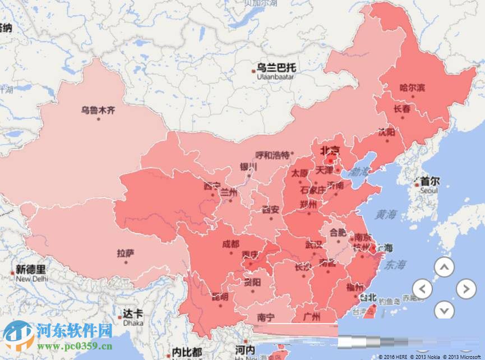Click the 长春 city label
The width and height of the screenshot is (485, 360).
[402, 109]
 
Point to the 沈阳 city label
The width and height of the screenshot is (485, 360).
[386, 132]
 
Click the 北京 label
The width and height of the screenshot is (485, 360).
[330, 150]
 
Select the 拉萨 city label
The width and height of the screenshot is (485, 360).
[126, 253]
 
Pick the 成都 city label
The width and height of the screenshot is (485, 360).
[230, 244]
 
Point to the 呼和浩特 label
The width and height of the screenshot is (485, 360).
[272, 155]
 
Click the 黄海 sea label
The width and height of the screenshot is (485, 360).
[386, 214]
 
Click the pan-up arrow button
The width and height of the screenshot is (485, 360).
[444, 267]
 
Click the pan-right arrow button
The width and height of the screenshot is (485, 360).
[465, 289]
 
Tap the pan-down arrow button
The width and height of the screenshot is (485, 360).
[444, 310]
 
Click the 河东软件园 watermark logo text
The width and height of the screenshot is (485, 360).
[74, 330]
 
